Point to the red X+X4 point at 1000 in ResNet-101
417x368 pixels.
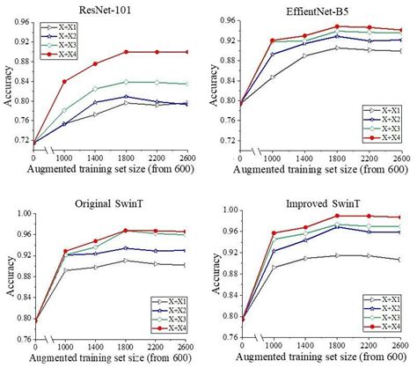(64, 82)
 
